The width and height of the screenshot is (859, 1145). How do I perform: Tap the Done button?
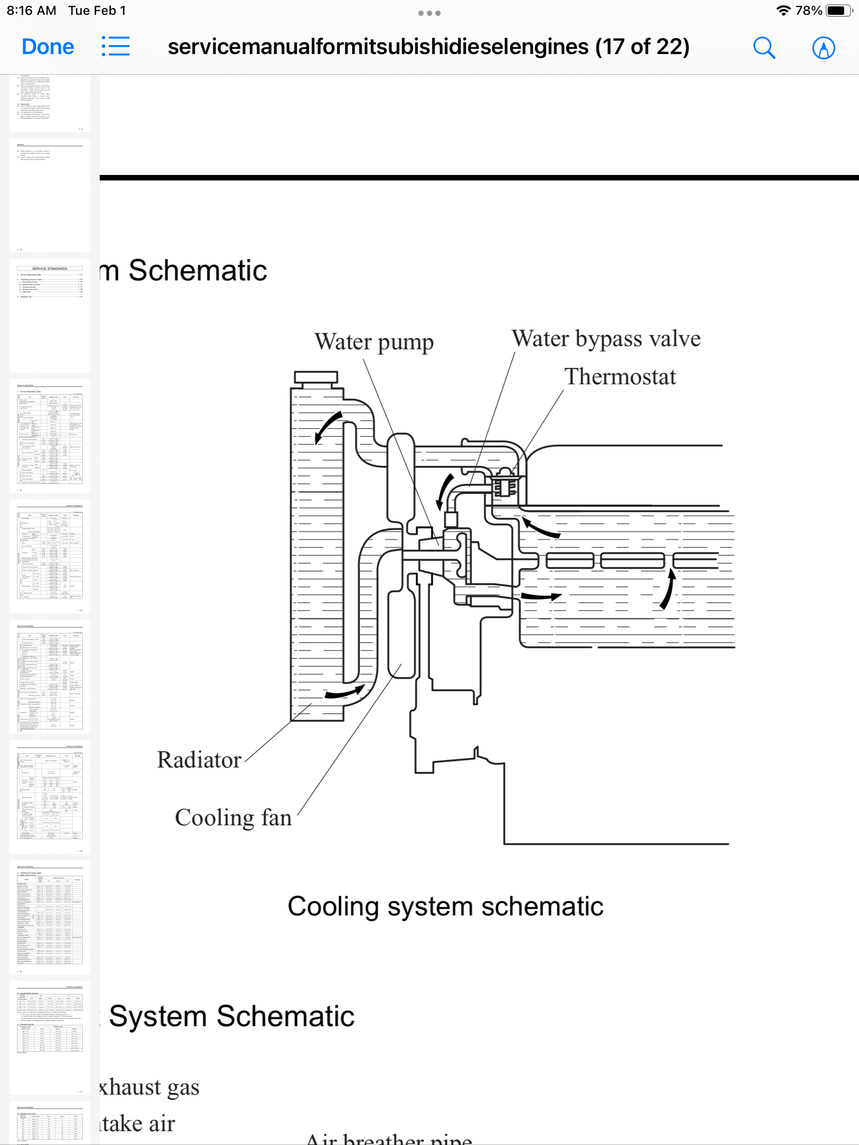coord(48,47)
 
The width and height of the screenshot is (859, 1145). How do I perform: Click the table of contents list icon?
coord(116,47)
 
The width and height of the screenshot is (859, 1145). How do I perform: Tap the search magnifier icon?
coord(764,48)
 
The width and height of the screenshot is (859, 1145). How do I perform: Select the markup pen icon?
coord(823,48)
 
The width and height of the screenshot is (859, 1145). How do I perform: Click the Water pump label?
coord(374,342)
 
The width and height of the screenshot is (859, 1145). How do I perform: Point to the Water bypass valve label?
coord(606,339)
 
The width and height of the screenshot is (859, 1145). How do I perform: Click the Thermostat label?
coord(620,377)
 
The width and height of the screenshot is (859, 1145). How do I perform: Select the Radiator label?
coord(199,760)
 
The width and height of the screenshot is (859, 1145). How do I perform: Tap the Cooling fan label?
coord(233,818)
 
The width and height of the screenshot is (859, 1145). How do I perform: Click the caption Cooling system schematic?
coord(445,906)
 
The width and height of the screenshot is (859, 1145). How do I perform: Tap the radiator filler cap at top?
coord(316,378)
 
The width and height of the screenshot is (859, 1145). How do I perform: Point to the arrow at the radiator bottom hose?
coord(345,692)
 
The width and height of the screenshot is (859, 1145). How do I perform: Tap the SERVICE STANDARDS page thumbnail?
coord(50,316)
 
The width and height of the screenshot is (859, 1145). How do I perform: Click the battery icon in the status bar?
coord(839,11)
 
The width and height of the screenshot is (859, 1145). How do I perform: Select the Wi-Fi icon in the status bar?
coord(783,11)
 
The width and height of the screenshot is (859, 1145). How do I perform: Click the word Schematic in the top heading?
coord(198,271)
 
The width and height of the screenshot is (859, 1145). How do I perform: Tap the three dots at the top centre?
coord(429,13)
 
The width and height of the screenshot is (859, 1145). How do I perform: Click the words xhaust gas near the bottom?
coord(150,1087)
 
